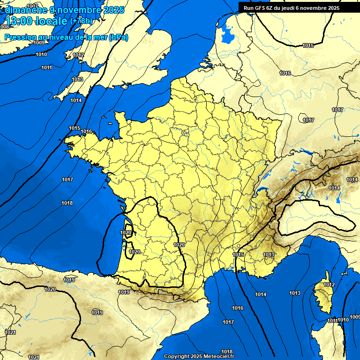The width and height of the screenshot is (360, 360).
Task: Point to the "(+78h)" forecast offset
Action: coord(81,21)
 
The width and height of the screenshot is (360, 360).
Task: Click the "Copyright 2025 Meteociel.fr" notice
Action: coord(199,356)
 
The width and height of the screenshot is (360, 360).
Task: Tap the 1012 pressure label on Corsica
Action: coord(329,285)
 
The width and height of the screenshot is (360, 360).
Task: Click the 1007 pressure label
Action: coord(32,6)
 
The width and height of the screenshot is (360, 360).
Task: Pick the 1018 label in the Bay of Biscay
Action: coord(67,203)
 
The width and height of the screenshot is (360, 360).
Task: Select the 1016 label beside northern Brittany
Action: coord(86,132)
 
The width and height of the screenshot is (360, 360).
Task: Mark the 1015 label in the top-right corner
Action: coord(308,45)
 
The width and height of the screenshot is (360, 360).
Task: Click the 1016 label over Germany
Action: coord(285,73)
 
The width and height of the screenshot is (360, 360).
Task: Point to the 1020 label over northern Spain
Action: coord(50,289)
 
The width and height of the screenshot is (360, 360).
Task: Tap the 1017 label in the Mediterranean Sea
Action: coord(228,322)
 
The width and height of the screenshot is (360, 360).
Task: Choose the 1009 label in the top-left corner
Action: coord(39,43)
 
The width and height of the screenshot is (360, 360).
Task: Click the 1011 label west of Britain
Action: coord(46,68)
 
